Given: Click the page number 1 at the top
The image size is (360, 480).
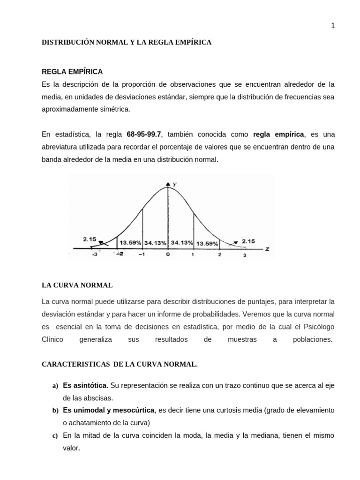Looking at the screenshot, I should coord(333,26).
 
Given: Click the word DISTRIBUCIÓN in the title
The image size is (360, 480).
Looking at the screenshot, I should coord(66,42).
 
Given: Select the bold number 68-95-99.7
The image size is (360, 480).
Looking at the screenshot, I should coord(144,134).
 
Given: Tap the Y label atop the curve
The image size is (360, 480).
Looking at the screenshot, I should coord(174,185).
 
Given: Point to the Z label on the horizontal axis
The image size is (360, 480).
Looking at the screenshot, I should coord(267,248).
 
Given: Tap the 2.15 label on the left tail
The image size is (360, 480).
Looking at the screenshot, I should coord(90,239).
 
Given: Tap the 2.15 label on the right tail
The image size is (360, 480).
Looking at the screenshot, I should coord(248,241).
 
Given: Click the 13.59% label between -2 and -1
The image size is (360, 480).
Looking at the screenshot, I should coord(130,243).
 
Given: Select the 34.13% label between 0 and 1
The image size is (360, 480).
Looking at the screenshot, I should coord(182,243).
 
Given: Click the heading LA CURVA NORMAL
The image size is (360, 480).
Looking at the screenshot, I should coord(77,285).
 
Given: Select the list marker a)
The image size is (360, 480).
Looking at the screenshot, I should coord(54,386).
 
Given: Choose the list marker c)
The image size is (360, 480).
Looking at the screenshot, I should coord(54,436).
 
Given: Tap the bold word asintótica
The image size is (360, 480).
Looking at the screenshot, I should coord(88,385).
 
